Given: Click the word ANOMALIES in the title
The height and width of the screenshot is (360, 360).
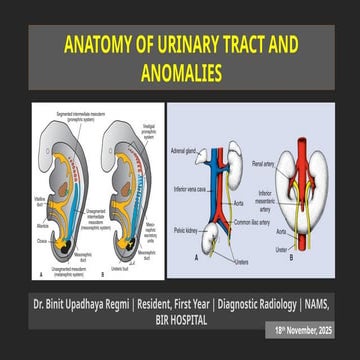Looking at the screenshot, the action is [180, 71].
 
